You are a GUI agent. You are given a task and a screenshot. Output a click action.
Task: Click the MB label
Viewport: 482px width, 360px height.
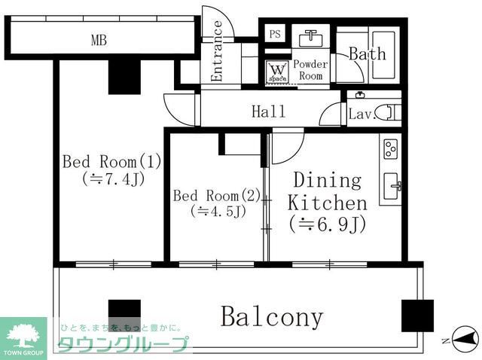point(99,41)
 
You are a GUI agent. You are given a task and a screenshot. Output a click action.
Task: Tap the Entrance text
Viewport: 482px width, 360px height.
point(217,51)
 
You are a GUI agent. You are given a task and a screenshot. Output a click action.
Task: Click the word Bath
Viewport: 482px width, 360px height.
point(367,53)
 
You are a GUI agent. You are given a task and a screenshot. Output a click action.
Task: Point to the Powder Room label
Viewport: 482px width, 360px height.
point(310,70)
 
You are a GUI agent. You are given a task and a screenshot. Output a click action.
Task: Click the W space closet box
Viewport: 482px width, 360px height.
point(276,72)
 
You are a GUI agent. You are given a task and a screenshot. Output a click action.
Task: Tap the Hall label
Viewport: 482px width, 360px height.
point(268,112)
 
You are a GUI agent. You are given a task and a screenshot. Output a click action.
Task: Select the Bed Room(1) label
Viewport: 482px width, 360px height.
point(112,161)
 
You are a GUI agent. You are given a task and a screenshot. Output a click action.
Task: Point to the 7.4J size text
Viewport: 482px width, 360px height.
point(113,179)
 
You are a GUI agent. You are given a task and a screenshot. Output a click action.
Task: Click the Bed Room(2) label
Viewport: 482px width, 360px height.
point(217,196)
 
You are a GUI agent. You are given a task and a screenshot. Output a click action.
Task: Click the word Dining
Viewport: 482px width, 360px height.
point(327,181)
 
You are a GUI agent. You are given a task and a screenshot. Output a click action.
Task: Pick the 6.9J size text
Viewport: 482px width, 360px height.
point(327,224)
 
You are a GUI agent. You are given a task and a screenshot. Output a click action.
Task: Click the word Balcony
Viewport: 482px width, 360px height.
point(272,317)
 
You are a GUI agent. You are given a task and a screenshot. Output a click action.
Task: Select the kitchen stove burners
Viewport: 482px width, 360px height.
point(392,148)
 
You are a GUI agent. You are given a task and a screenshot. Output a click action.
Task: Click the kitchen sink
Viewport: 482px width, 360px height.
point(392,185)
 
